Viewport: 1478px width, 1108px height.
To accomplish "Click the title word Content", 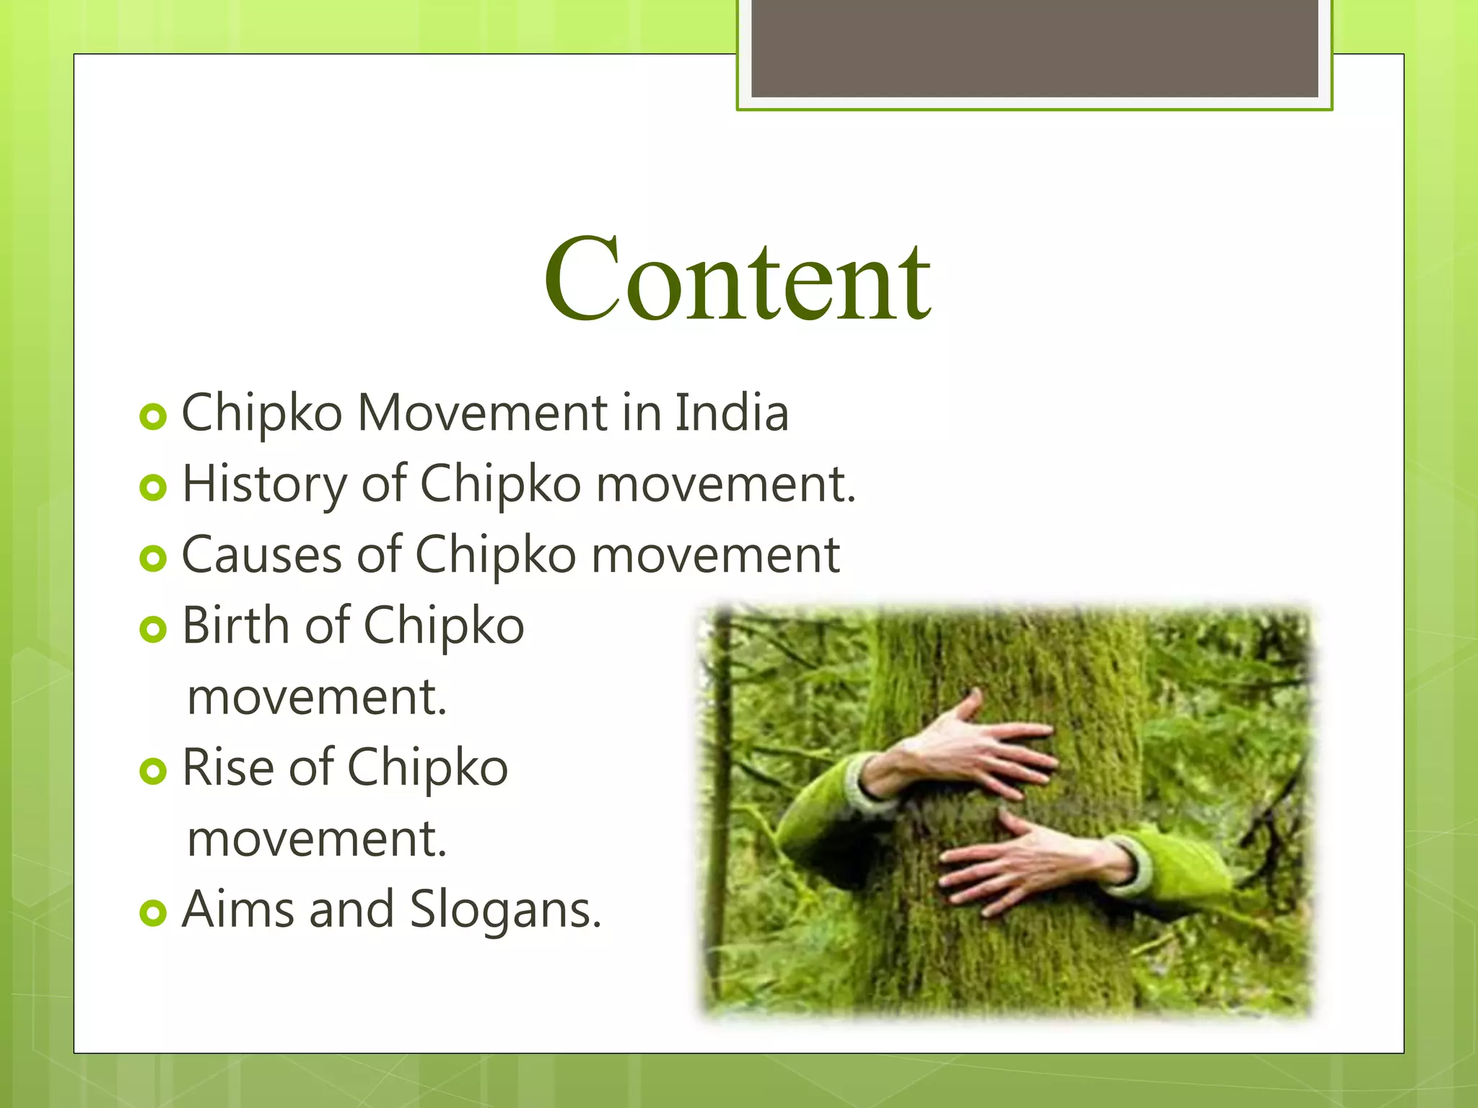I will click(x=738, y=280).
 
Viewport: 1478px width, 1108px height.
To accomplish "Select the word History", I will click(x=265, y=485).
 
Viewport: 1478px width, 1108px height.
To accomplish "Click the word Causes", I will click(x=261, y=555).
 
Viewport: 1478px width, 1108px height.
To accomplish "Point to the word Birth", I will click(x=235, y=625).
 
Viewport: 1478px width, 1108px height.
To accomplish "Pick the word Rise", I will click(x=227, y=767).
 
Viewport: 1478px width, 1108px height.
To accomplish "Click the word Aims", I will click(x=237, y=909).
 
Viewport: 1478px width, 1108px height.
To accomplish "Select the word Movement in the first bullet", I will click(x=483, y=413).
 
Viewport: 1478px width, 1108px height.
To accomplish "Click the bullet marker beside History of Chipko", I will click(x=153, y=488).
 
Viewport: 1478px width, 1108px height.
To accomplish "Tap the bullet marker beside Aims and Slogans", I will click(x=153, y=913).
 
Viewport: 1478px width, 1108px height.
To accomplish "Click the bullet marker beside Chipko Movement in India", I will click(x=153, y=417).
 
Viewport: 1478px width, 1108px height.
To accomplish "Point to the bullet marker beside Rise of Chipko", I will click(x=153, y=771).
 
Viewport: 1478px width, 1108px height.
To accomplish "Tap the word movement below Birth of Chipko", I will click(x=317, y=697).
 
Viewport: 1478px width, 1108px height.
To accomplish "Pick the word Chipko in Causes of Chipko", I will click(x=495, y=555).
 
